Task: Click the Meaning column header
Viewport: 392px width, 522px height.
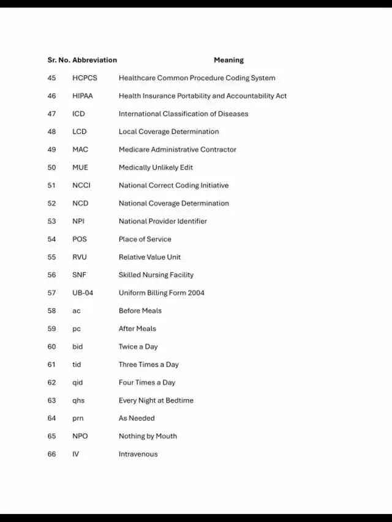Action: pos(228,60)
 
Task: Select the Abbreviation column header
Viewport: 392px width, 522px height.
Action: pos(94,60)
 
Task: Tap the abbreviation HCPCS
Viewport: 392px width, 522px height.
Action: pos(85,78)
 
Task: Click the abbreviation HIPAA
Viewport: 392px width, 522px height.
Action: pos(83,96)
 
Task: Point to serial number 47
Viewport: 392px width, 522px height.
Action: pos(51,114)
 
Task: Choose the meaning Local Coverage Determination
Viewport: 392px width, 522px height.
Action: pos(168,132)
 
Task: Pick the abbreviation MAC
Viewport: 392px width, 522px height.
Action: pos(80,149)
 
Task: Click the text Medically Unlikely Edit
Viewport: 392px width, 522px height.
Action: pos(156,168)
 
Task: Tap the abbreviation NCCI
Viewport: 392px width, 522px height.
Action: pos(81,185)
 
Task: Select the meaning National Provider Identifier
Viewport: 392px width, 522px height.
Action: pos(163,221)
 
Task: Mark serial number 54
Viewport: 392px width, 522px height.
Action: pos(51,239)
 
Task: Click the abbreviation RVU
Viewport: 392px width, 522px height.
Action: pos(80,257)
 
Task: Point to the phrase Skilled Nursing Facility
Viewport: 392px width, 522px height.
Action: pos(156,275)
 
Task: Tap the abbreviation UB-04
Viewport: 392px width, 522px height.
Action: pos(83,293)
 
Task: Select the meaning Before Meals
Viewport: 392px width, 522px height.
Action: pos(140,311)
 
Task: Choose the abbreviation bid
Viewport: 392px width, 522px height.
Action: pos(77,346)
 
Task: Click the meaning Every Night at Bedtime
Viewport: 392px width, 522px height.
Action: pos(156,400)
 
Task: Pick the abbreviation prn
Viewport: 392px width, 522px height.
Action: pos(78,418)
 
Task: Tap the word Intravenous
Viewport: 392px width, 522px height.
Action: pos(138,454)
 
